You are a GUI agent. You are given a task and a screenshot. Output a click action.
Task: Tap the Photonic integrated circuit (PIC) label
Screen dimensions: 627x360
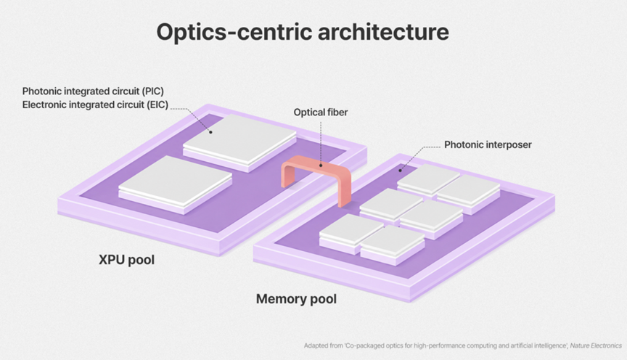pyautogui.click(x=93, y=91)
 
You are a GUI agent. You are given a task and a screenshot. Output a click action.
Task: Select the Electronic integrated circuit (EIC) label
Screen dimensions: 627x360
pyautogui.click(x=95, y=105)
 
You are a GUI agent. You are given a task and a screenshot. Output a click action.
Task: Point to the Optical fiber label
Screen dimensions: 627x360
pyautogui.click(x=321, y=112)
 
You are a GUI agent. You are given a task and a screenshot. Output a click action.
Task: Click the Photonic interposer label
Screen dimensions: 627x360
pyautogui.click(x=488, y=145)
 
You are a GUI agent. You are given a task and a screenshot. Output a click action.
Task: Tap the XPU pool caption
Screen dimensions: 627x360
pyautogui.click(x=126, y=260)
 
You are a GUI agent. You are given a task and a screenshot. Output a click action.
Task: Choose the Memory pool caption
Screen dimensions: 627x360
pyautogui.click(x=296, y=299)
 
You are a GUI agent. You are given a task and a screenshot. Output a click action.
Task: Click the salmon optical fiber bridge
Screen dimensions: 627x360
pyautogui.click(x=316, y=163)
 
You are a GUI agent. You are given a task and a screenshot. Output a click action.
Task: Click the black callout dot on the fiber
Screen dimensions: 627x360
pyautogui.click(x=321, y=165)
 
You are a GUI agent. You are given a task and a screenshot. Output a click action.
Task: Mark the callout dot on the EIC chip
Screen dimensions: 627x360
pyautogui.click(x=210, y=132)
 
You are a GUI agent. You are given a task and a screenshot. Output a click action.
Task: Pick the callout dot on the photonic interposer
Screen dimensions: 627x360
pyautogui.click(x=400, y=171)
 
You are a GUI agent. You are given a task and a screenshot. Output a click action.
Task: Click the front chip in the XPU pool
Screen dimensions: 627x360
pyautogui.click(x=175, y=184)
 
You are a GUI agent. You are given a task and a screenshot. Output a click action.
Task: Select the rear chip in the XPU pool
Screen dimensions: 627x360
pyautogui.click(x=240, y=142)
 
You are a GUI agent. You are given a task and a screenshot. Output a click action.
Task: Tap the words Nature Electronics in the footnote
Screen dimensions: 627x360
pyautogui.click(x=596, y=345)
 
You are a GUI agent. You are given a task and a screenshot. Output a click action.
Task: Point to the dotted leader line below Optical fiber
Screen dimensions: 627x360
pyautogui.click(x=321, y=142)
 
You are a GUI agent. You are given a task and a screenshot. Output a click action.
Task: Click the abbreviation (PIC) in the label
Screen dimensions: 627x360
pyautogui.click(x=152, y=91)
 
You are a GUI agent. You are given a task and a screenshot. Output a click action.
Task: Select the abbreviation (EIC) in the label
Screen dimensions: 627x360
pyautogui.click(x=157, y=105)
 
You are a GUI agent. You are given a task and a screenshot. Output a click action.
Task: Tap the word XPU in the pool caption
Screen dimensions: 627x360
pyautogui.click(x=110, y=260)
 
